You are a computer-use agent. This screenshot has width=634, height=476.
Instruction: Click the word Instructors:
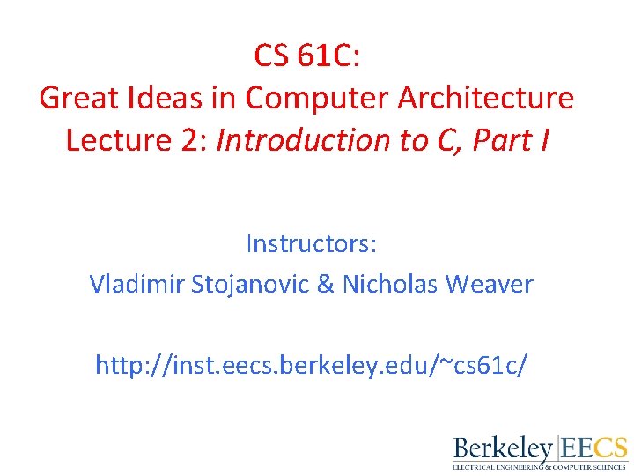click(x=311, y=242)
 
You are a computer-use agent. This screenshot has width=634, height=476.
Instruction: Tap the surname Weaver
click(x=490, y=284)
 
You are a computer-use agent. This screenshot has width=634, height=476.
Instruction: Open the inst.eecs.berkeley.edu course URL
click(x=311, y=364)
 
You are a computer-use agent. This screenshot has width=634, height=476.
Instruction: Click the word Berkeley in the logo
click(x=503, y=447)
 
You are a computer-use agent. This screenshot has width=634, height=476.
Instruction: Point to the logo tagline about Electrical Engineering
click(x=540, y=466)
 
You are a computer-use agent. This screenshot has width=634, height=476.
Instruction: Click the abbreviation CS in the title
click(x=275, y=56)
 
